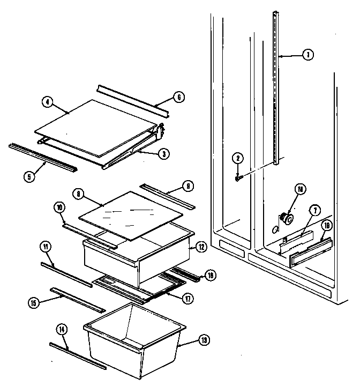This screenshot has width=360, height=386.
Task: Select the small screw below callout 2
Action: tap(237, 178)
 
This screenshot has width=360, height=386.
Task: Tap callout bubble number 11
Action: tap(46, 247)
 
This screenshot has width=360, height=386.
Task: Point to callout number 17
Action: tap(188, 299)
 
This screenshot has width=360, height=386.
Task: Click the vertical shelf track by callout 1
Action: tap(276, 91)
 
